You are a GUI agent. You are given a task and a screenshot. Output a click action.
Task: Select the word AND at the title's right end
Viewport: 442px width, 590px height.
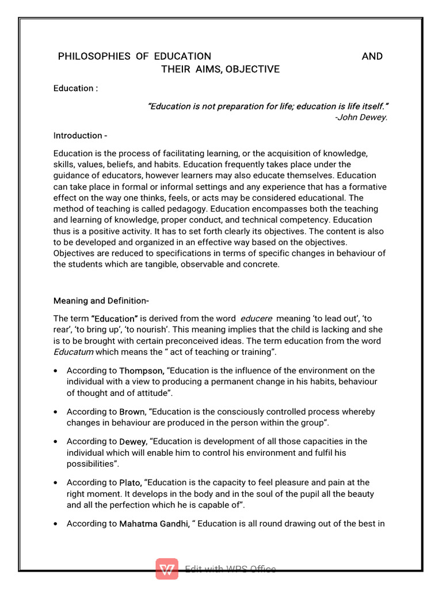click(x=372, y=56)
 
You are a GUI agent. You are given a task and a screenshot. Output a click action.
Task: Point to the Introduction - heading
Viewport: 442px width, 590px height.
click(x=80, y=136)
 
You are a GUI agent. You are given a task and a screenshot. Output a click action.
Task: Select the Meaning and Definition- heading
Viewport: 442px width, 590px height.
click(x=101, y=301)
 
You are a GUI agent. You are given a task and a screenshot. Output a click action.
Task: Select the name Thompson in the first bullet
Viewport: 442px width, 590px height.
click(x=139, y=371)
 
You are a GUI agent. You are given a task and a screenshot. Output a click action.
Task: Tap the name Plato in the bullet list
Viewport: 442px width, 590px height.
click(x=130, y=483)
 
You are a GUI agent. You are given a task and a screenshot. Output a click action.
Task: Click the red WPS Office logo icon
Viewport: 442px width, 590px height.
click(x=167, y=569)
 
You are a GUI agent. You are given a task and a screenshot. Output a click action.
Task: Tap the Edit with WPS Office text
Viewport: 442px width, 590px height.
click(x=230, y=569)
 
